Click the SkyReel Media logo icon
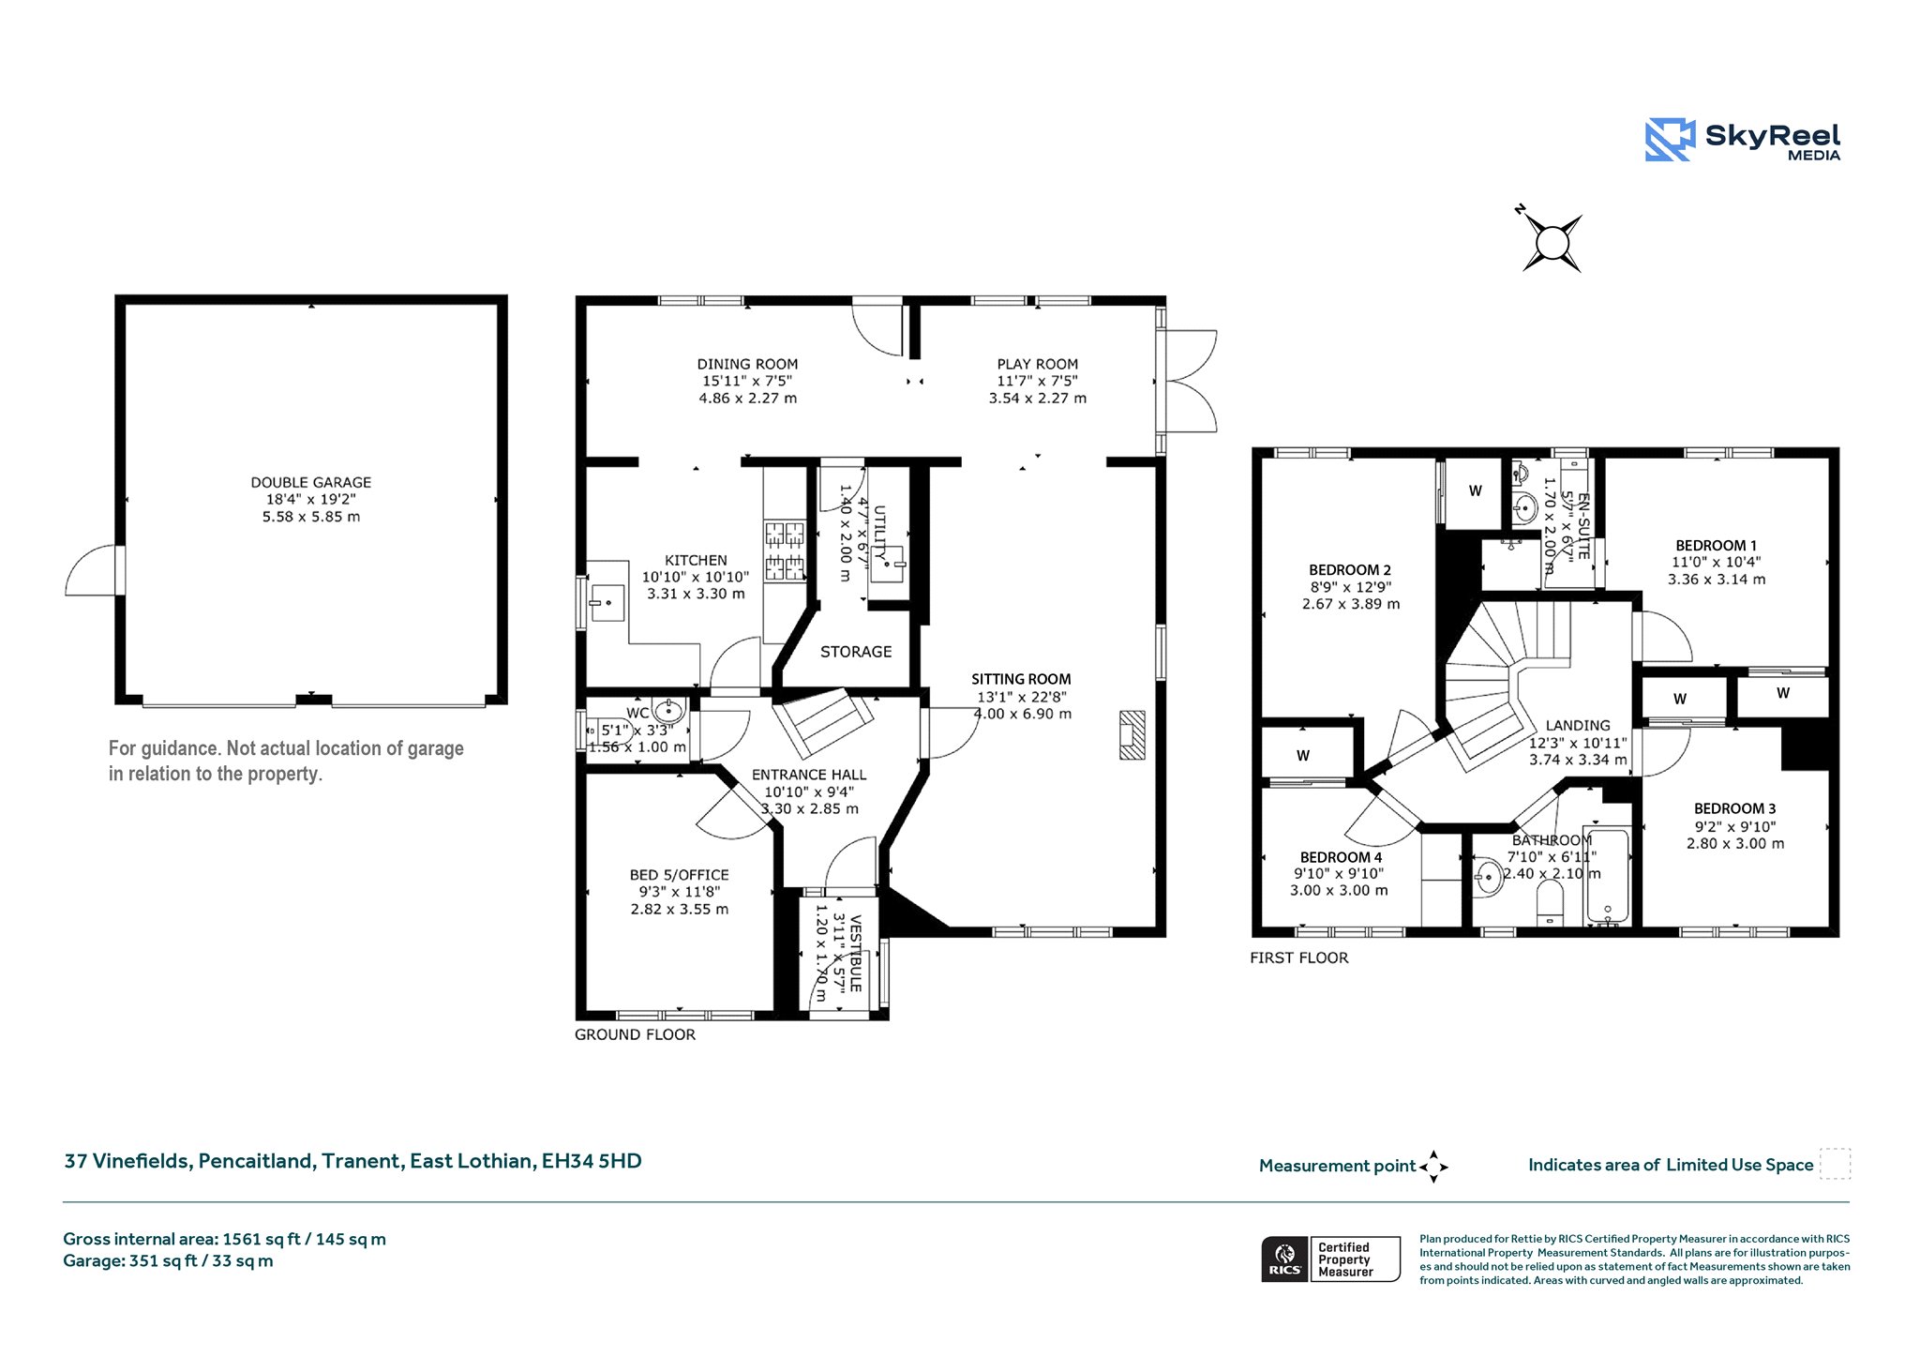(x=1670, y=140)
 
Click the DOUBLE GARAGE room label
(x=310, y=482)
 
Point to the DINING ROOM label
(x=747, y=364)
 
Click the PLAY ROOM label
(x=1037, y=364)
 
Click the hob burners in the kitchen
(x=786, y=551)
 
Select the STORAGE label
(x=856, y=652)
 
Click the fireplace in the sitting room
(x=1132, y=735)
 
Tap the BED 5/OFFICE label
(x=679, y=875)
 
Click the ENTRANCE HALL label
(x=809, y=775)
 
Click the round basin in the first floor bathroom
(x=1489, y=878)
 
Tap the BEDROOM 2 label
(x=1350, y=570)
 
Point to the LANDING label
(x=1578, y=725)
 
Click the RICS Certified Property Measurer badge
(x=1330, y=1259)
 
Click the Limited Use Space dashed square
(x=1835, y=1164)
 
